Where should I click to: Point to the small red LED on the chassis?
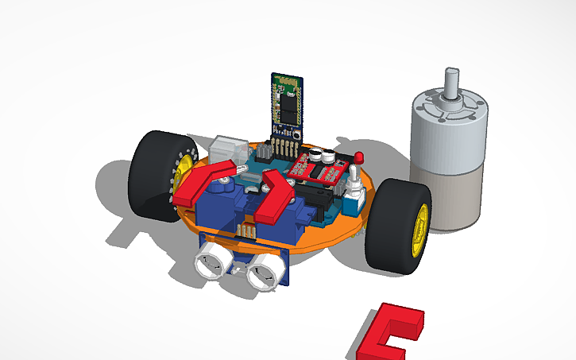[x=358, y=157]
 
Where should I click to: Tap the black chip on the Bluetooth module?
[x=286, y=103]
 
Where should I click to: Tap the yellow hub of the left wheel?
[x=184, y=168]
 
